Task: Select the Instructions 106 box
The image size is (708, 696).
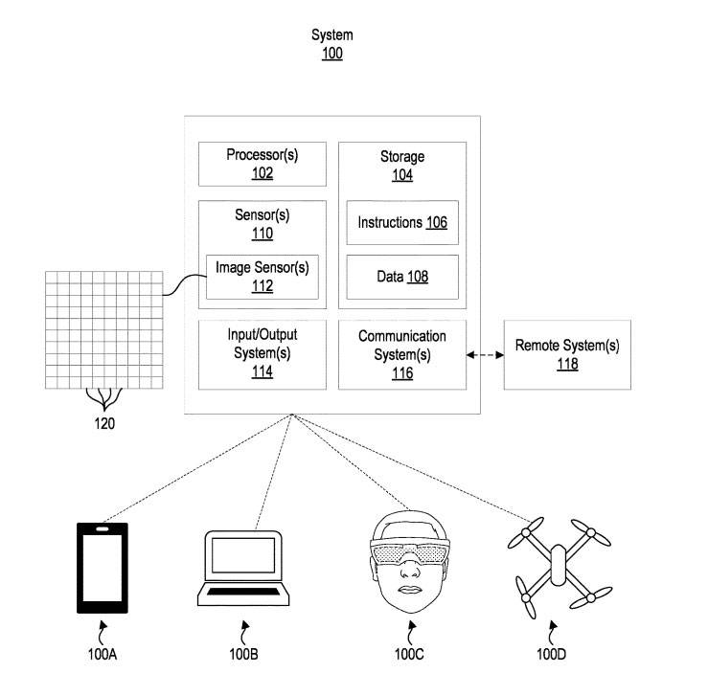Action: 402,223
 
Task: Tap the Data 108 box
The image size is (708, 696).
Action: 402,277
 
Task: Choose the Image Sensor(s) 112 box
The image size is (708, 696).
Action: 263,276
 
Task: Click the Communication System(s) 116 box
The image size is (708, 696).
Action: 402,354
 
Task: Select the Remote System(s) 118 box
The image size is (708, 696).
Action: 567,354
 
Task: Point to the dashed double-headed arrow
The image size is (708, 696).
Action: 486,355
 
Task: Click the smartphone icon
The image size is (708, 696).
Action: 102,568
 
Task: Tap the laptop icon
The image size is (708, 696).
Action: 243,569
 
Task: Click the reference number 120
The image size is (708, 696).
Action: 104,421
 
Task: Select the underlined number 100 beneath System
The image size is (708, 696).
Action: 331,55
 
